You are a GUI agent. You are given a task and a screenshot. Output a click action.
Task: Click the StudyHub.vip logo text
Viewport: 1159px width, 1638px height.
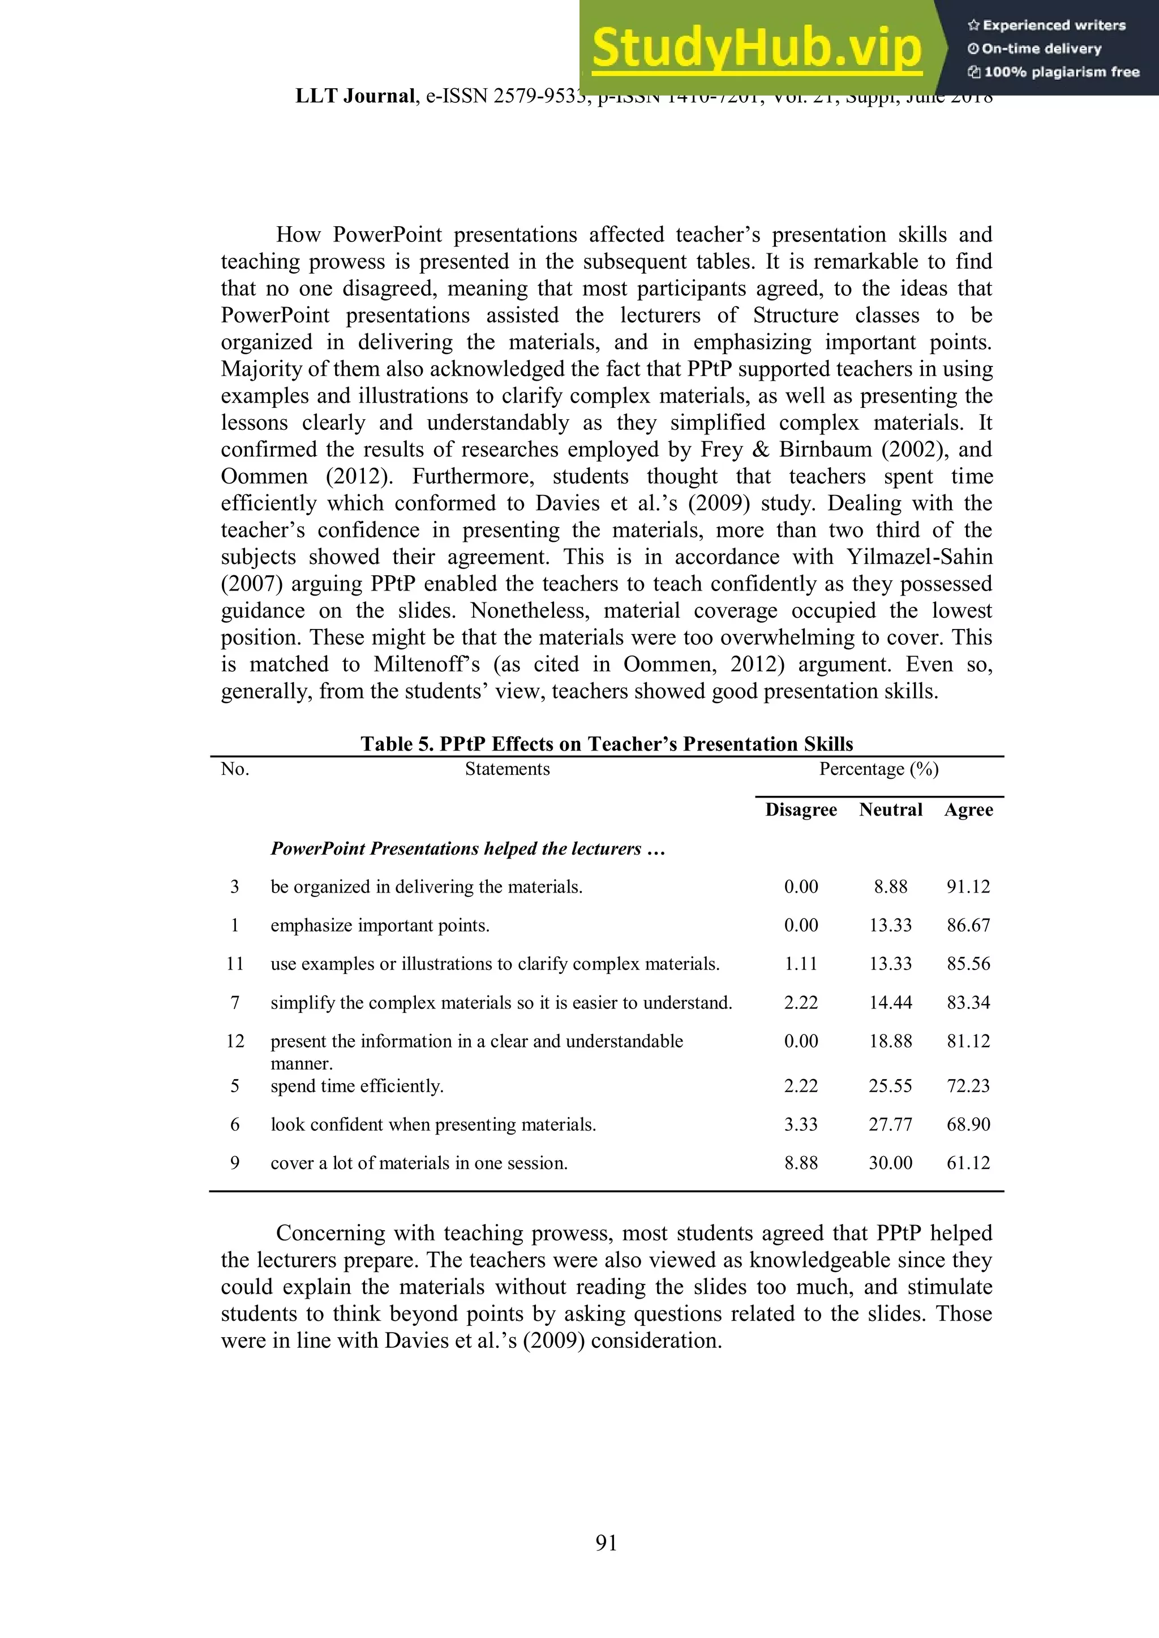click(x=757, y=48)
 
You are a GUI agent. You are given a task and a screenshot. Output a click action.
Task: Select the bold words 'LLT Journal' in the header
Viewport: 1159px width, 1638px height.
click(x=355, y=96)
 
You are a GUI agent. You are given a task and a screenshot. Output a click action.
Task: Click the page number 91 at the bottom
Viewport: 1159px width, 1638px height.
click(x=606, y=1542)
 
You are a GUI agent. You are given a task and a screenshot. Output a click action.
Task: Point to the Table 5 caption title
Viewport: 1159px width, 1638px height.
click(x=607, y=744)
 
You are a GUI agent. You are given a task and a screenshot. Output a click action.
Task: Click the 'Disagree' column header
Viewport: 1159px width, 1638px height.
click(x=801, y=810)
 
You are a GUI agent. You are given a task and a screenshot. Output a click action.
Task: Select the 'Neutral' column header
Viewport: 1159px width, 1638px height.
click(x=891, y=810)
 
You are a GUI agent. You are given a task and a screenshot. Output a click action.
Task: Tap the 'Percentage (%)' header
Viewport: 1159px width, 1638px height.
click(x=878, y=769)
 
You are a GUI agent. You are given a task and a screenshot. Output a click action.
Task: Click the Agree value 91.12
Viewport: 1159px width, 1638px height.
click(x=968, y=887)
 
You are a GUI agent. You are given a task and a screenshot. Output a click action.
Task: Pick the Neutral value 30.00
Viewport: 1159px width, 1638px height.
click(x=891, y=1163)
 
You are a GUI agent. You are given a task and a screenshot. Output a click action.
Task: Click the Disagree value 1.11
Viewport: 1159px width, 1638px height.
click(x=801, y=964)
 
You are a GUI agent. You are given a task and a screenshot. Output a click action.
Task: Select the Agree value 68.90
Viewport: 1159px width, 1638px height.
click(x=968, y=1124)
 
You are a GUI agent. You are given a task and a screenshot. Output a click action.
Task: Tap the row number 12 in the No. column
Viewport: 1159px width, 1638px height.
click(x=235, y=1042)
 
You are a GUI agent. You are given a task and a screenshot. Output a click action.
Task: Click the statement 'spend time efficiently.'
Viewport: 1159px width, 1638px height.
click(x=357, y=1086)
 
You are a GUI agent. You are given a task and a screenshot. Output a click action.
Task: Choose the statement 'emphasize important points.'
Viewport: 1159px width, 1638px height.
click(x=380, y=925)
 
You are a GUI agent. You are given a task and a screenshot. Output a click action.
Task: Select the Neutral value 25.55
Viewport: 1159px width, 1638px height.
click(x=891, y=1086)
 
